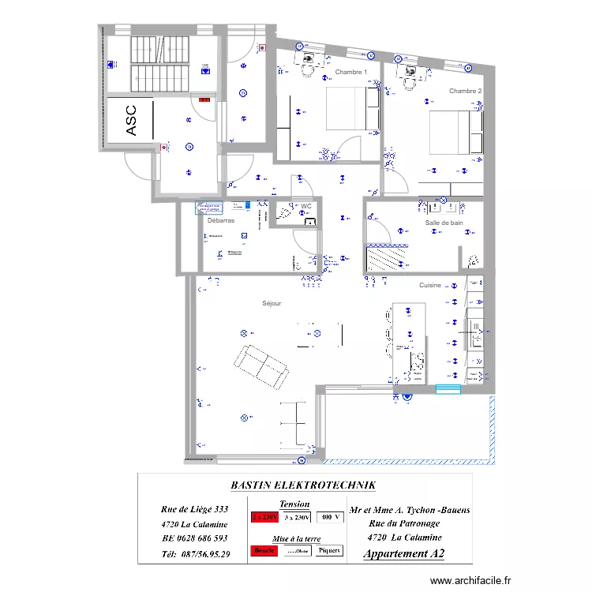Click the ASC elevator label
point(132,121)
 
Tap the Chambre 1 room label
point(351,72)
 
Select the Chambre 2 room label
point(466,91)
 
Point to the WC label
point(306,206)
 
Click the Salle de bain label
point(444,223)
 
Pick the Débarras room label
point(221,221)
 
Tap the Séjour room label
point(272,303)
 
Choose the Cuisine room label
point(430,285)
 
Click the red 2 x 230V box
point(264,518)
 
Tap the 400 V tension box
point(331,518)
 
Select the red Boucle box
point(264,551)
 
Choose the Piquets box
point(330,551)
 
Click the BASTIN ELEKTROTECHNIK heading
point(303,485)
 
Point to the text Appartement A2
point(403,554)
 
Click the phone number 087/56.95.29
point(195,554)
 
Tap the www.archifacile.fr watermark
point(472,581)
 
